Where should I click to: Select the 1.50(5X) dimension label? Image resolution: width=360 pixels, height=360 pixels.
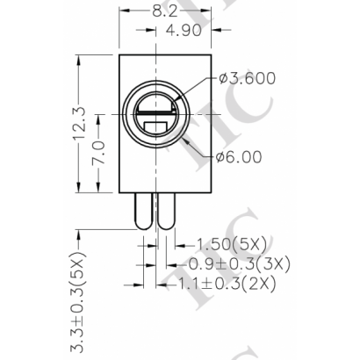[x=226, y=241]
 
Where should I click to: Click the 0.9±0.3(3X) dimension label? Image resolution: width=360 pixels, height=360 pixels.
[x=241, y=263]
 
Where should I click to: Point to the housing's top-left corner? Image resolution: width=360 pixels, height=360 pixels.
[x=119, y=54]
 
